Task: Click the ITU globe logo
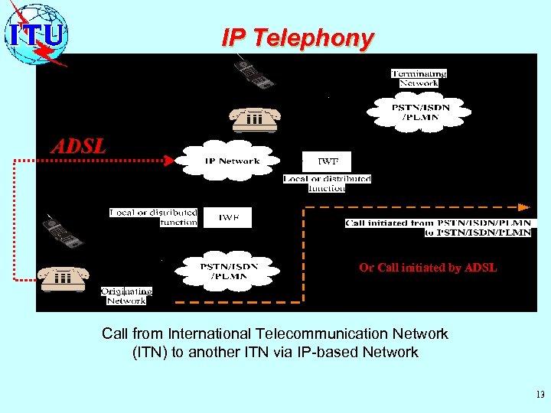(37, 34)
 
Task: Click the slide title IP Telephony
(298, 37)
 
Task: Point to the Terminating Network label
(419, 78)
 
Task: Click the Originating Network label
(126, 296)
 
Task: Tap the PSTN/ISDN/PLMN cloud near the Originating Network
(228, 271)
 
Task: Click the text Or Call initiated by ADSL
(428, 268)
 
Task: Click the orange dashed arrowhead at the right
(524, 206)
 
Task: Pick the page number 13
(540, 395)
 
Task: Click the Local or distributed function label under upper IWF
(327, 184)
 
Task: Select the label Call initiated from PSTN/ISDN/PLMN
(438, 227)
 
